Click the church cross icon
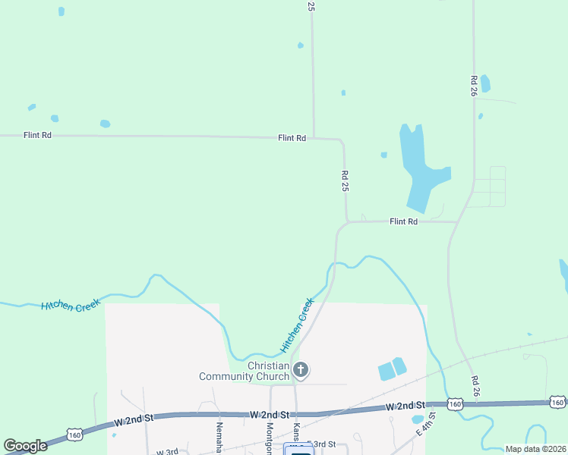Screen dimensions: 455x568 pos(301,370)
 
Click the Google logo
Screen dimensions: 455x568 pos(25,446)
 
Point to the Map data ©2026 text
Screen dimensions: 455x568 pos(535,449)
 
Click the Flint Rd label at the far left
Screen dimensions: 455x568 pos(37,135)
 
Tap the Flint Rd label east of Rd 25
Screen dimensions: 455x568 pos(404,221)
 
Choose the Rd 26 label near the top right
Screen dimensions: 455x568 pos(474,86)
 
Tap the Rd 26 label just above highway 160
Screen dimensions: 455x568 pos(475,386)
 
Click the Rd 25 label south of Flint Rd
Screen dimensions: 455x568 pos(345,180)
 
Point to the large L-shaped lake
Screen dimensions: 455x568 pos(420,167)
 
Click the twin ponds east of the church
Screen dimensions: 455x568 pos(392,369)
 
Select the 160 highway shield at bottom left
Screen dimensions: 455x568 pos(74,435)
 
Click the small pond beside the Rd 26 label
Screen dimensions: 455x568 pos(485,83)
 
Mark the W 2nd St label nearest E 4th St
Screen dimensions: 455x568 pos(405,407)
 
